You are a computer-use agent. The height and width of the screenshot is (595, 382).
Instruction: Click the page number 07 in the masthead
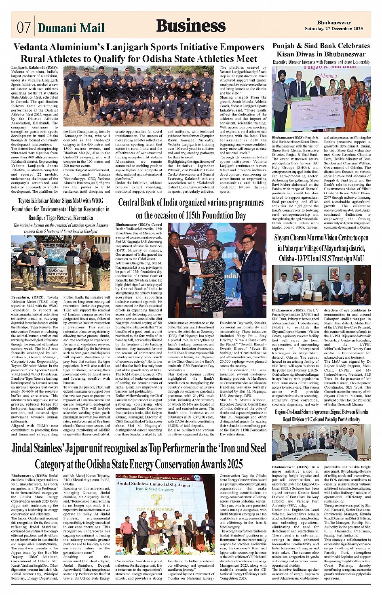[x=23, y=27]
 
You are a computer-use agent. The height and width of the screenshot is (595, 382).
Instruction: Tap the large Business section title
[x=191, y=26]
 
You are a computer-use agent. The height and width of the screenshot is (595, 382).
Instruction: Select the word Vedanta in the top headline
[x=34, y=47]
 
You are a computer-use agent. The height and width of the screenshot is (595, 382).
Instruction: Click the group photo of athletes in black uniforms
[x=139, y=97]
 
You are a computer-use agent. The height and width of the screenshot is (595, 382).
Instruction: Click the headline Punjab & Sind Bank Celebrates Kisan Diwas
[x=321, y=50]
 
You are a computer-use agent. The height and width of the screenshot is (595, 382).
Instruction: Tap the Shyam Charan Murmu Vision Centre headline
[x=321, y=248]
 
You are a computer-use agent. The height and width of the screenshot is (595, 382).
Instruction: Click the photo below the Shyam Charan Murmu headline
[x=321, y=285]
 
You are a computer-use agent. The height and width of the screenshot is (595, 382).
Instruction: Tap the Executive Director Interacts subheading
[x=321, y=62]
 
